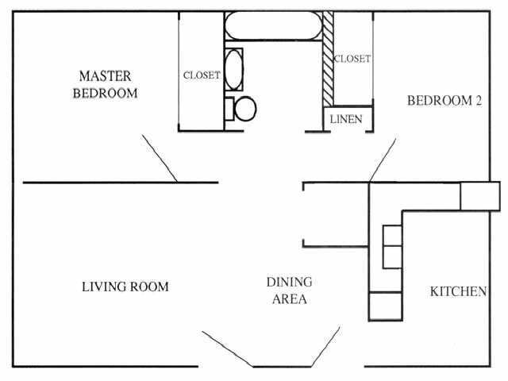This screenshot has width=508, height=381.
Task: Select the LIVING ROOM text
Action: [125, 287]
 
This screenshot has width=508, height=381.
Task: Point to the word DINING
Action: [289, 283]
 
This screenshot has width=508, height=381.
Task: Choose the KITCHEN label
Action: [458, 291]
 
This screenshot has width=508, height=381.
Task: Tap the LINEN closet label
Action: [346, 119]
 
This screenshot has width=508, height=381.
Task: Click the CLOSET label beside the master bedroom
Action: [202, 76]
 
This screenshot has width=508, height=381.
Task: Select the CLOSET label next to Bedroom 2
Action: [352, 59]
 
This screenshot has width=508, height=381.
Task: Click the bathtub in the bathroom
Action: [273, 27]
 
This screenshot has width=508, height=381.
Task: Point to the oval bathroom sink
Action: [234, 69]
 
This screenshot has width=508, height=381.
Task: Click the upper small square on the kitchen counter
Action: [392, 236]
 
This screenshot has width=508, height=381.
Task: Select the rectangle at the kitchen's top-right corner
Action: [480, 195]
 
